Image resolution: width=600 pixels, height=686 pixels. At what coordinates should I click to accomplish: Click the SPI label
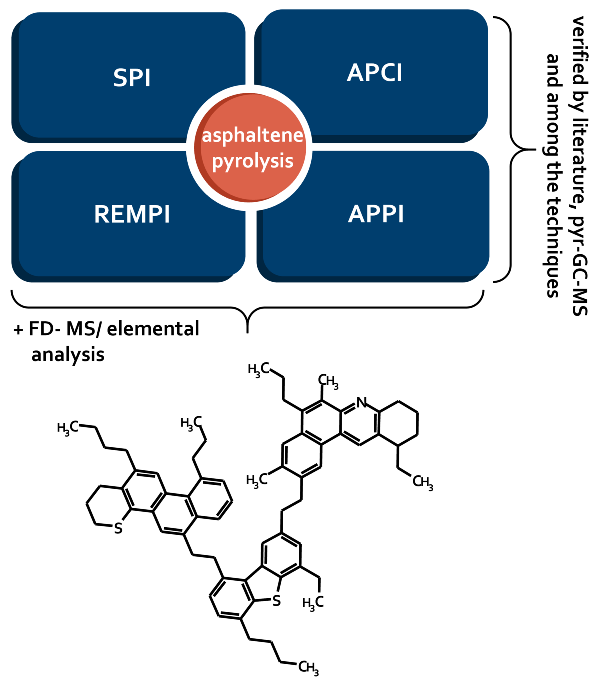click(x=132, y=78)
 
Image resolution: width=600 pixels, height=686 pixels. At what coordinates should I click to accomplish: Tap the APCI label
click(x=374, y=73)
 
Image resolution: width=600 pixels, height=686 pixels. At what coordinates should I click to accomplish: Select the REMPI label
click(x=132, y=214)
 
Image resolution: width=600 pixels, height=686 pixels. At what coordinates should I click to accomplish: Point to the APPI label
click(x=376, y=214)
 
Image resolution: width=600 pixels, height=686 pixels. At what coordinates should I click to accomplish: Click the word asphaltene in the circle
click(x=252, y=136)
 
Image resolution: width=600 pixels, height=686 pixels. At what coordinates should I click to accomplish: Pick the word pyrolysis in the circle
click(x=253, y=161)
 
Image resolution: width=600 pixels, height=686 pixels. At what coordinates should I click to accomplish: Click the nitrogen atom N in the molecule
click(x=361, y=402)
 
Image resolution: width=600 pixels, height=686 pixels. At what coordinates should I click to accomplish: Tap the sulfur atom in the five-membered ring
click(x=276, y=601)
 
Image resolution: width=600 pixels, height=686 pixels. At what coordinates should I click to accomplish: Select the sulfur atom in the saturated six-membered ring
click(x=118, y=528)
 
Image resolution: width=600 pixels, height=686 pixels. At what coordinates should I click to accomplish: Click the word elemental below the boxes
click(x=153, y=329)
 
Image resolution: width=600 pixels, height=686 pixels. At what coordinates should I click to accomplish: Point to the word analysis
click(x=68, y=355)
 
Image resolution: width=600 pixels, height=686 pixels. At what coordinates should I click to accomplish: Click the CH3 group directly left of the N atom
click(x=328, y=381)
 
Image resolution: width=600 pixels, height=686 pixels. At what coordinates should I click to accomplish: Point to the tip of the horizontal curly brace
click(x=247, y=333)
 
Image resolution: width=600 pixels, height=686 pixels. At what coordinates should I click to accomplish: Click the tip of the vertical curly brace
click(x=536, y=149)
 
